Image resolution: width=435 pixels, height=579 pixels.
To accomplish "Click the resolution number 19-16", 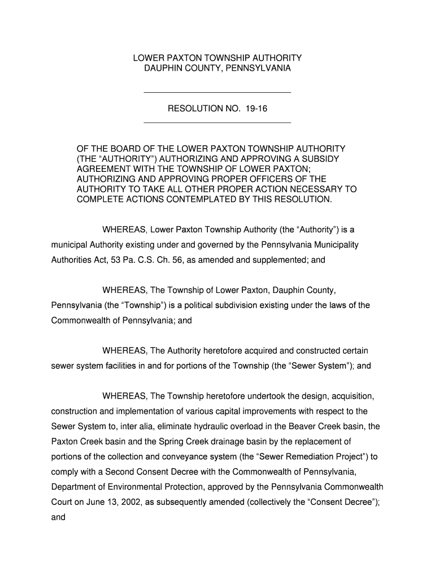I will [256, 108].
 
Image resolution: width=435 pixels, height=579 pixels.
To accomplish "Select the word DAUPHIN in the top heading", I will [162, 68].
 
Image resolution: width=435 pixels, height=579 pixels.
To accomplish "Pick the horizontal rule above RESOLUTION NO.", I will [217, 92].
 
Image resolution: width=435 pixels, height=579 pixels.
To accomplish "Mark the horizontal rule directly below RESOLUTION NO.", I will [217, 122].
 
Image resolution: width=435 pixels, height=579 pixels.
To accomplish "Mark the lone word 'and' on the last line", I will [58, 517].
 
